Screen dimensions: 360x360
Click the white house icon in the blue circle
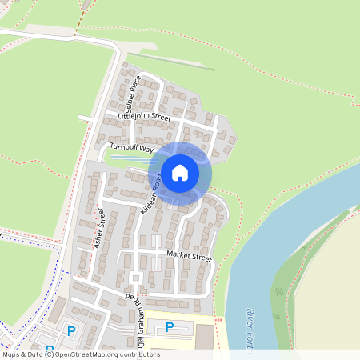(179, 172)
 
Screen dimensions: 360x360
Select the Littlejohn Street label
(145, 117)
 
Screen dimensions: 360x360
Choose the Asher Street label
(99, 229)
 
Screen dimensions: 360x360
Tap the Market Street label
(189, 258)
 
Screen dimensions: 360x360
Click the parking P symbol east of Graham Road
(169, 326)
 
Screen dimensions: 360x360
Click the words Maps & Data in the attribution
(22, 354)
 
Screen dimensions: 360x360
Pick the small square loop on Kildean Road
(135, 278)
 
